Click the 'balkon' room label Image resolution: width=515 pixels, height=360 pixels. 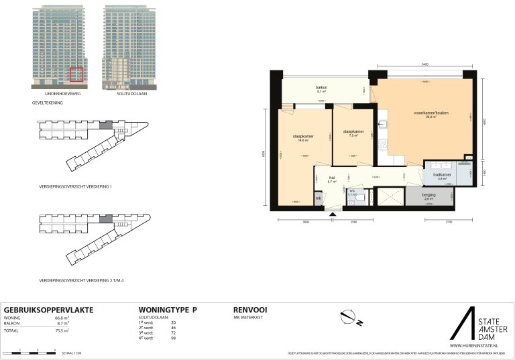321,88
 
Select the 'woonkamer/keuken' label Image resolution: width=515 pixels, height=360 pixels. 431,113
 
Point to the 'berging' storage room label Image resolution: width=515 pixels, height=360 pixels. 428,194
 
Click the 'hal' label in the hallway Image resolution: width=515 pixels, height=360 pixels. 331,178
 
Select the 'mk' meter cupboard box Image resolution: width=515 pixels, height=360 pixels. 319,199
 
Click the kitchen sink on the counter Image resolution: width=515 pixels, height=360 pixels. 383,124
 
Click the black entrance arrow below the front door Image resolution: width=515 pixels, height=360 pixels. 333,213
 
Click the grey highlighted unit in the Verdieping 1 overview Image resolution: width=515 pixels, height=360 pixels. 104,125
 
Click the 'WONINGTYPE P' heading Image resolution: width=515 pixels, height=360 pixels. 167,310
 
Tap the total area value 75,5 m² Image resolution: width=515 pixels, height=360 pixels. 62,331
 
